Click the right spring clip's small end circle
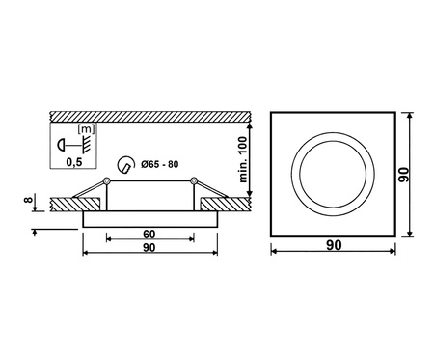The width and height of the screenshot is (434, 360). point(194,180)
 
